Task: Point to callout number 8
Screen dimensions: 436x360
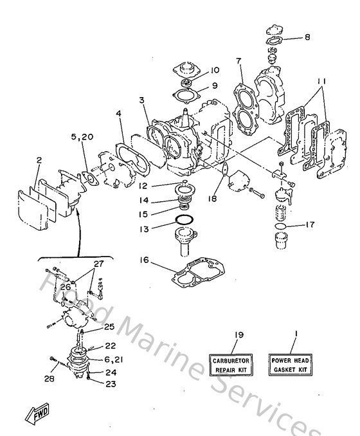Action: tap(307, 37)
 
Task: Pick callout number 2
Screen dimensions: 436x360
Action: tap(39, 160)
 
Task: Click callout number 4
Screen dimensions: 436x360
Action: tap(118, 114)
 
